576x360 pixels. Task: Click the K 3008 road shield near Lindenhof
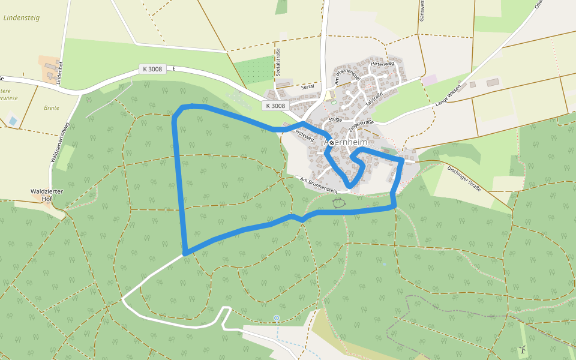pos(152,69)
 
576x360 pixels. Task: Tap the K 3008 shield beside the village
pos(275,106)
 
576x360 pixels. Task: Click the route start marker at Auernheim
pos(331,143)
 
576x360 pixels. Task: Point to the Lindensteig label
pos(22,18)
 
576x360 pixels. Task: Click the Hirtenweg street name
pos(382,64)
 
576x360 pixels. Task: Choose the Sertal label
pos(308,87)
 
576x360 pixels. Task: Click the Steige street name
pos(335,119)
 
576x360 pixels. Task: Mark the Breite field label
pos(52,108)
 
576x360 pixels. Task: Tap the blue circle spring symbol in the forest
pos(277,318)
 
